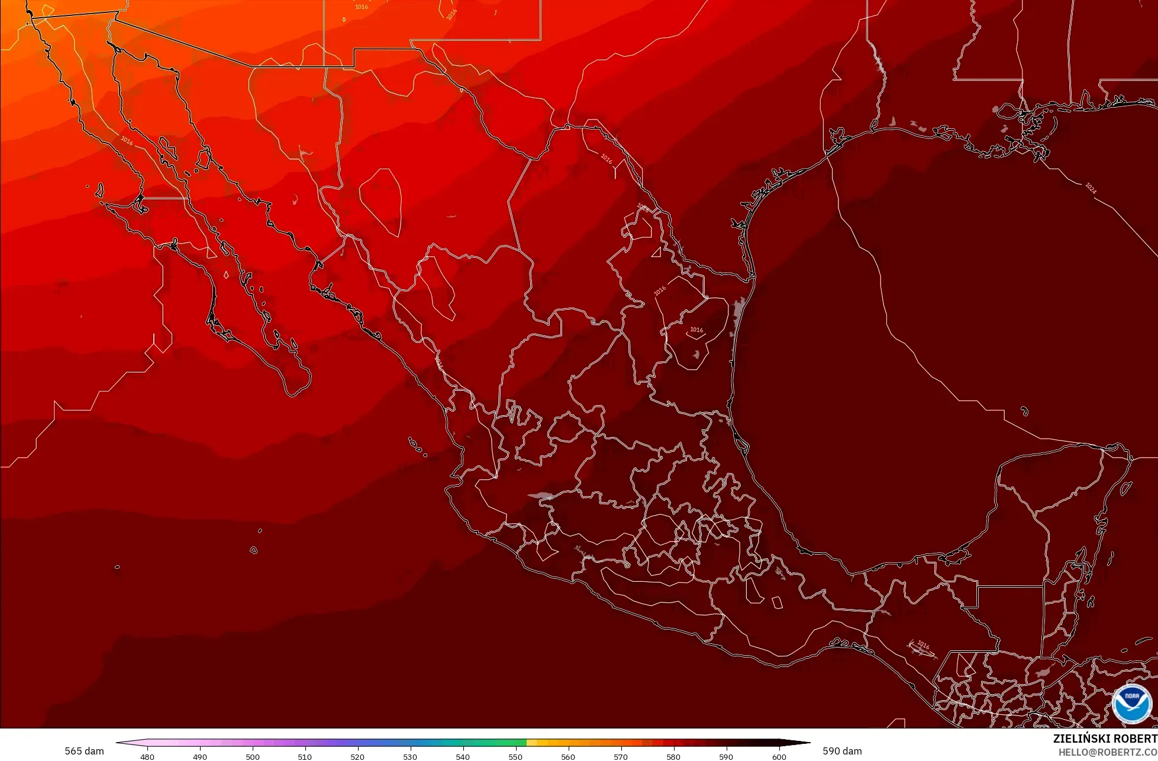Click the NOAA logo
(x=1131, y=703)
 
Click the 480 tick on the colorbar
(x=147, y=756)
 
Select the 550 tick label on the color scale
(x=515, y=756)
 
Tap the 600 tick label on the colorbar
(x=779, y=756)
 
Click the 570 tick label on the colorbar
(x=621, y=756)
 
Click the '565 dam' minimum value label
(x=84, y=751)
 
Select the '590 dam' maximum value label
(x=842, y=751)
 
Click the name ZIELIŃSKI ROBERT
(x=1105, y=739)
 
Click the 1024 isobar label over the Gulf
(x=1091, y=188)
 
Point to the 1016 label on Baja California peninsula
(x=127, y=141)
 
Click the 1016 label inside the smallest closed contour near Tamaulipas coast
(x=696, y=330)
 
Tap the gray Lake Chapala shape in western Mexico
(x=541, y=496)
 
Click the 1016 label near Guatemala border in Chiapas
(x=923, y=645)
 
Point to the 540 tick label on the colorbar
(x=463, y=756)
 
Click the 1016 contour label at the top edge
(x=361, y=7)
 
